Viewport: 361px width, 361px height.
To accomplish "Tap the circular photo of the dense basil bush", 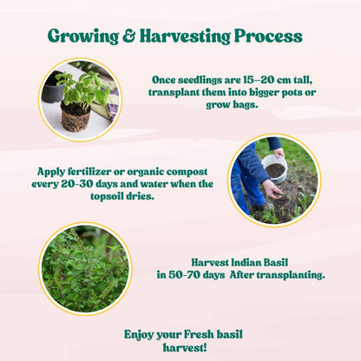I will (x=84, y=267).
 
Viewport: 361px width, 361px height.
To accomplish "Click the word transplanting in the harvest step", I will (x=287, y=274).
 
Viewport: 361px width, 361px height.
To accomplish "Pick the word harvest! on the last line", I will (x=180, y=347).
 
